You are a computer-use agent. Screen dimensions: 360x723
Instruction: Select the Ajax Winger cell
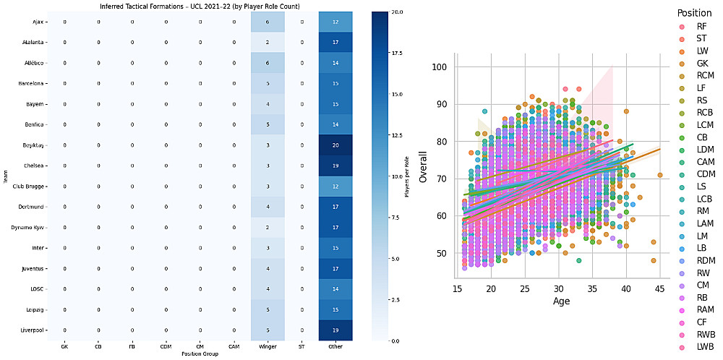pos(268,22)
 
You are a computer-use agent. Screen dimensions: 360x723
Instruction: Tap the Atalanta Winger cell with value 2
pos(268,43)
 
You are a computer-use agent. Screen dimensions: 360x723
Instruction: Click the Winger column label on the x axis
pos(268,348)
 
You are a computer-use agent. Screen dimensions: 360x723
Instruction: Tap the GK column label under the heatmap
pos(65,348)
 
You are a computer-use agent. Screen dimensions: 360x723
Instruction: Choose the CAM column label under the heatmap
pos(234,348)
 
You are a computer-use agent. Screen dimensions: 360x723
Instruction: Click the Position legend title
pos(694,13)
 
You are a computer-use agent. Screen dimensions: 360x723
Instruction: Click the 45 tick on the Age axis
pos(659,289)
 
